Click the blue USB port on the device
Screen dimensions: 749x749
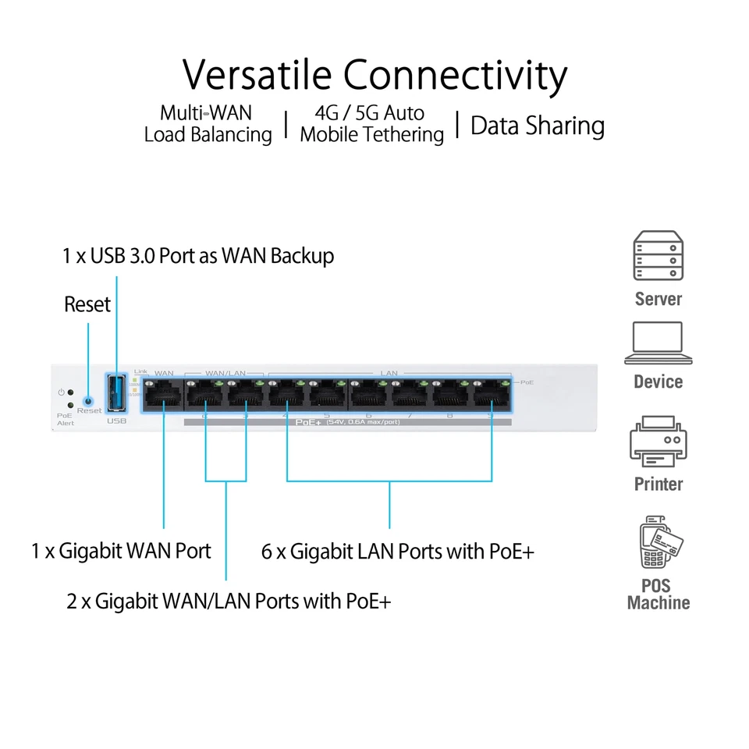pyautogui.click(x=116, y=392)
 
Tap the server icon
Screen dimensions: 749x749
pyautogui.click(x=658, y=256)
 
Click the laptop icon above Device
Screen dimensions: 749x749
pyautogui.click(x=658, y=343)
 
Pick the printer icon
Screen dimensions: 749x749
pyautogui.click(x=658, y=442)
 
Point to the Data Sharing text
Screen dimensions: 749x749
pyautogui.click(x=538, y=126)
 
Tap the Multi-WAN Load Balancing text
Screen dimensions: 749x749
pyautogui.click(x=208, y=124)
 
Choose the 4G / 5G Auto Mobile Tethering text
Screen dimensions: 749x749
pyautogui.click(x=371, y=124)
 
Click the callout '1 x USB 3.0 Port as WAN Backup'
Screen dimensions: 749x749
pyautogui.click(x=198, y=256)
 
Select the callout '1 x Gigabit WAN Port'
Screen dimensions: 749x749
pyautogui.click(x=121, y=551)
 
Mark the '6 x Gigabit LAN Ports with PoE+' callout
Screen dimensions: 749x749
pyautogui.click(x=398, y=552)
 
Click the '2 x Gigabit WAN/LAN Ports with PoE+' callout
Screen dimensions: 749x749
pyautogui.click(x=229, y=602)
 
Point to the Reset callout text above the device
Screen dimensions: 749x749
pyautogui.click(x=87, y=304)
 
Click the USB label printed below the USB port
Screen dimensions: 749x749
pyautogui.click(x=115, y=421)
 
